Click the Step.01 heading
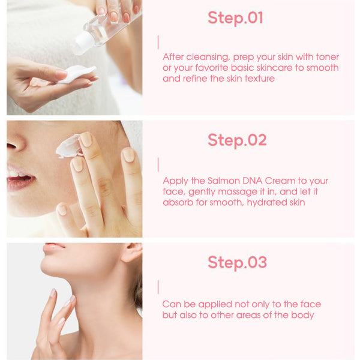point(235,18)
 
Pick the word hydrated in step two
point(272,203)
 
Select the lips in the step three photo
point(54,246)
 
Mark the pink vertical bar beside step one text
point(158,42)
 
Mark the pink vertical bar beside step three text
point(158,286)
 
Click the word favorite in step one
point(220,68)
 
